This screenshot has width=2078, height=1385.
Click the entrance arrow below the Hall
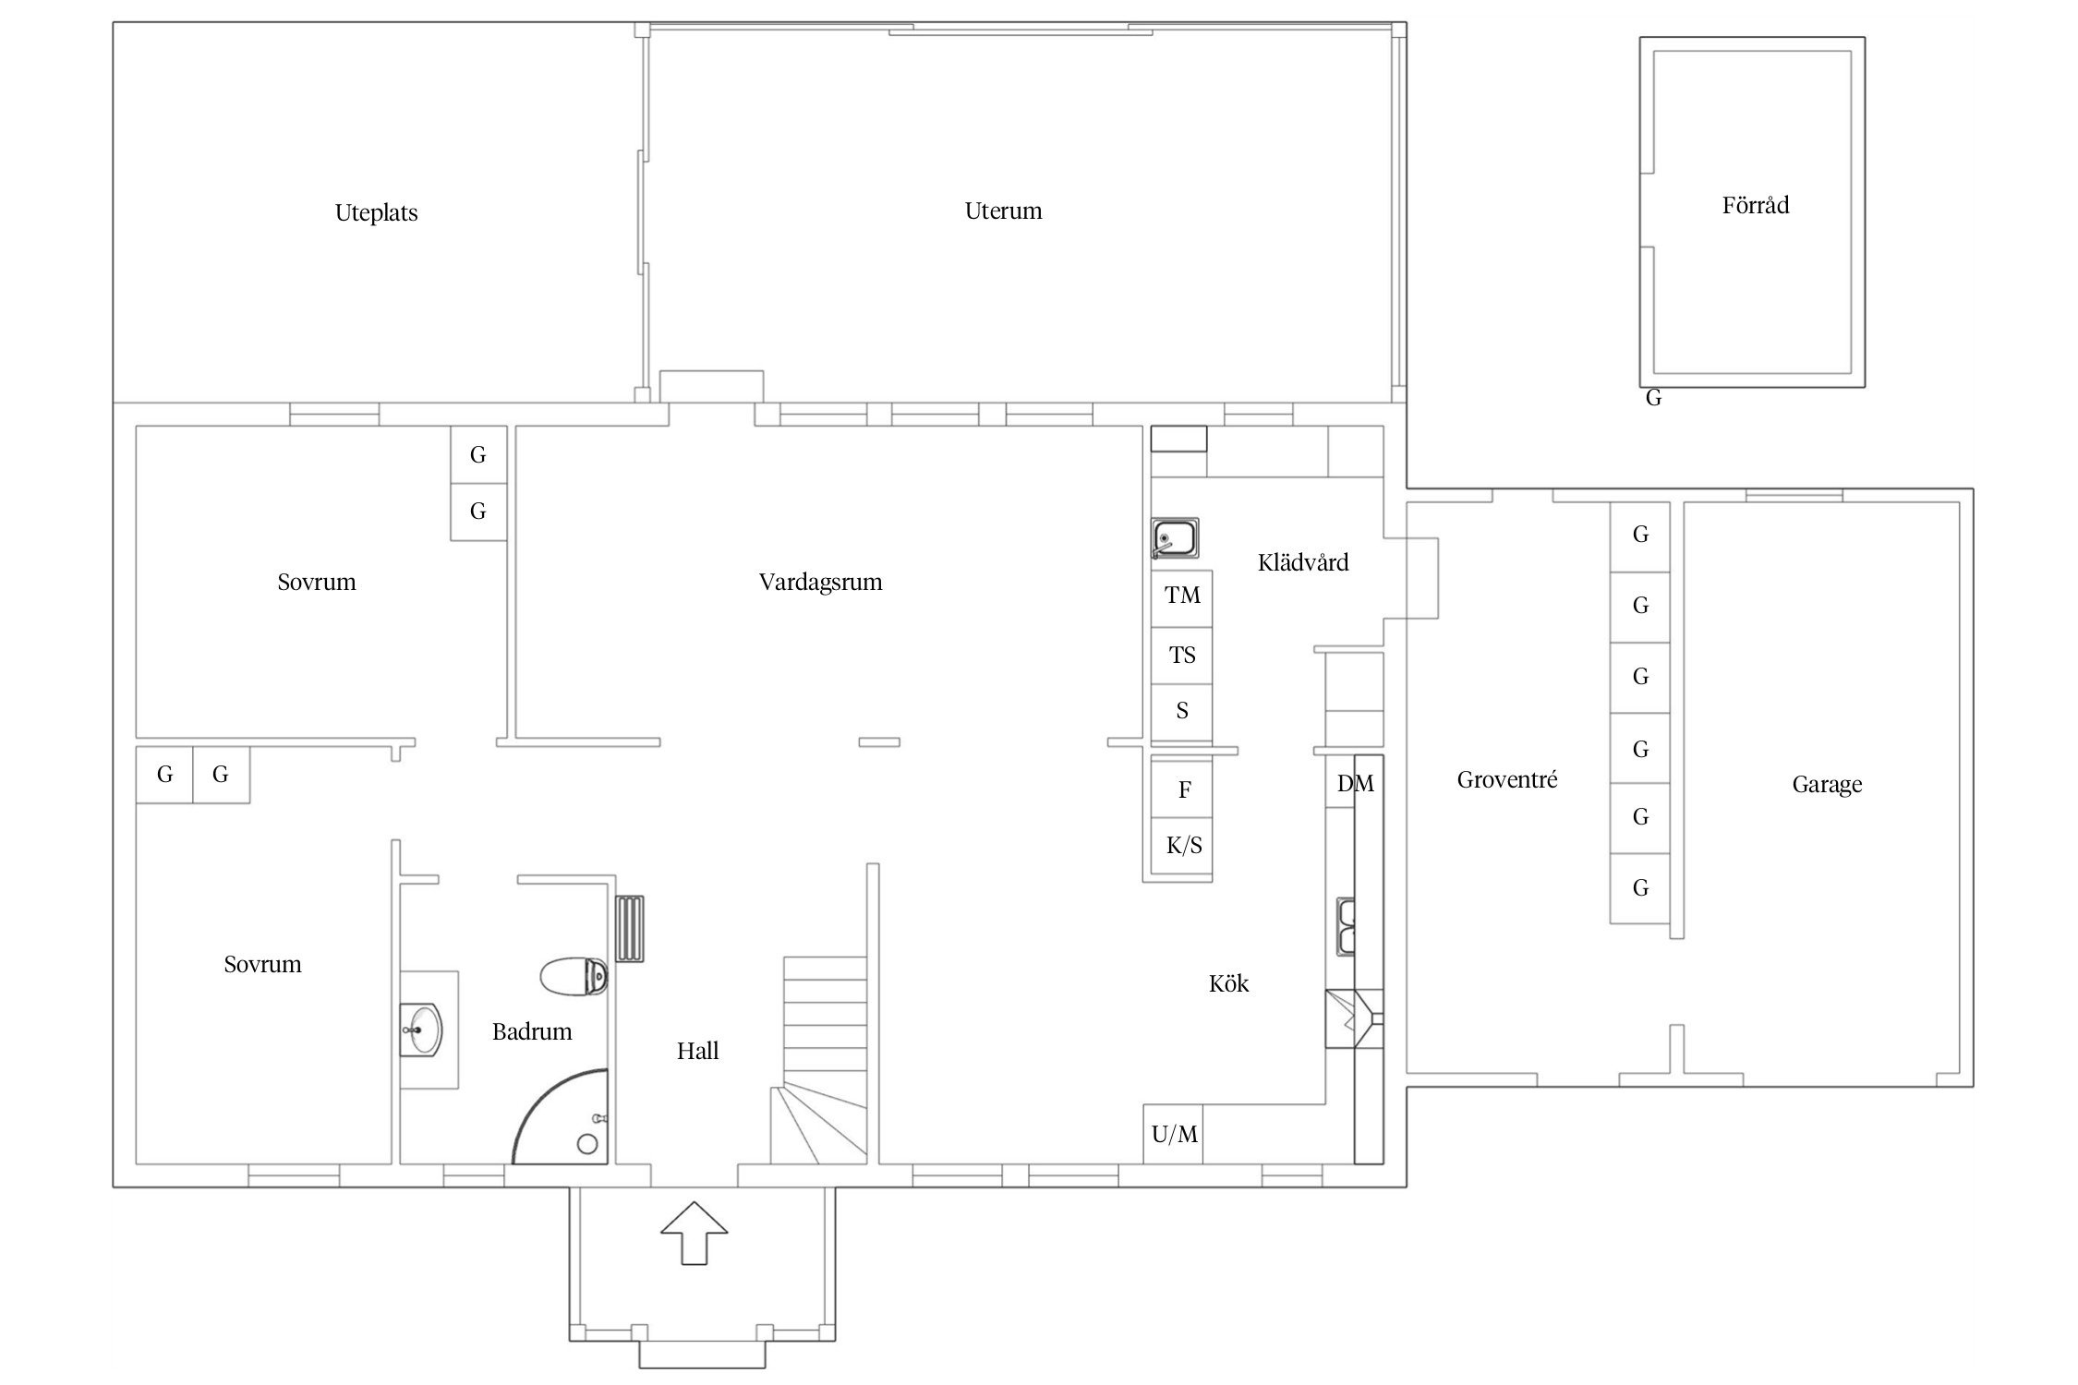[x=694, y=1232]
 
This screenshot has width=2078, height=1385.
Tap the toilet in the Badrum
[x=574, y=977]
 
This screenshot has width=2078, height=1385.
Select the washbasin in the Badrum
[x=422, y=1029]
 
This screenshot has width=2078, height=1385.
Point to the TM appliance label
[x=1182, y=596]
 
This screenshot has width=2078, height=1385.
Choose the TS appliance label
[x=1182, y=656]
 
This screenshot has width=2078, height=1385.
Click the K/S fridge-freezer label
[x=1184, y=846]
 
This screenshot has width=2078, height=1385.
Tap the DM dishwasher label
[x=1355, y=784]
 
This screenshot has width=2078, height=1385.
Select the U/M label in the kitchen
[x=1174, y=1134]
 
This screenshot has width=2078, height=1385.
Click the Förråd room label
[x=1755, y=205]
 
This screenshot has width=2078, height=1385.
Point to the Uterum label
[x=1003, y=211]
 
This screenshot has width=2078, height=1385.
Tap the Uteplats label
[x=376, y=213]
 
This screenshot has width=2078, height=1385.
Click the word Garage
[x=1827, y=785]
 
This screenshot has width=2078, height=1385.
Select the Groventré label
[x=1506, y=780]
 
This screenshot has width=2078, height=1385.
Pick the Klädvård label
[x=1302, y=562]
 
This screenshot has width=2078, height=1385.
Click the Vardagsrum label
[x=820, y=583]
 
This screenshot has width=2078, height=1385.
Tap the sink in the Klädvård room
[x=1175, y=538]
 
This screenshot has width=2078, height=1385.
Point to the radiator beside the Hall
[x=630, y=929]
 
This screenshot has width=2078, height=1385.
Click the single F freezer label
[x=1184, y=789]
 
